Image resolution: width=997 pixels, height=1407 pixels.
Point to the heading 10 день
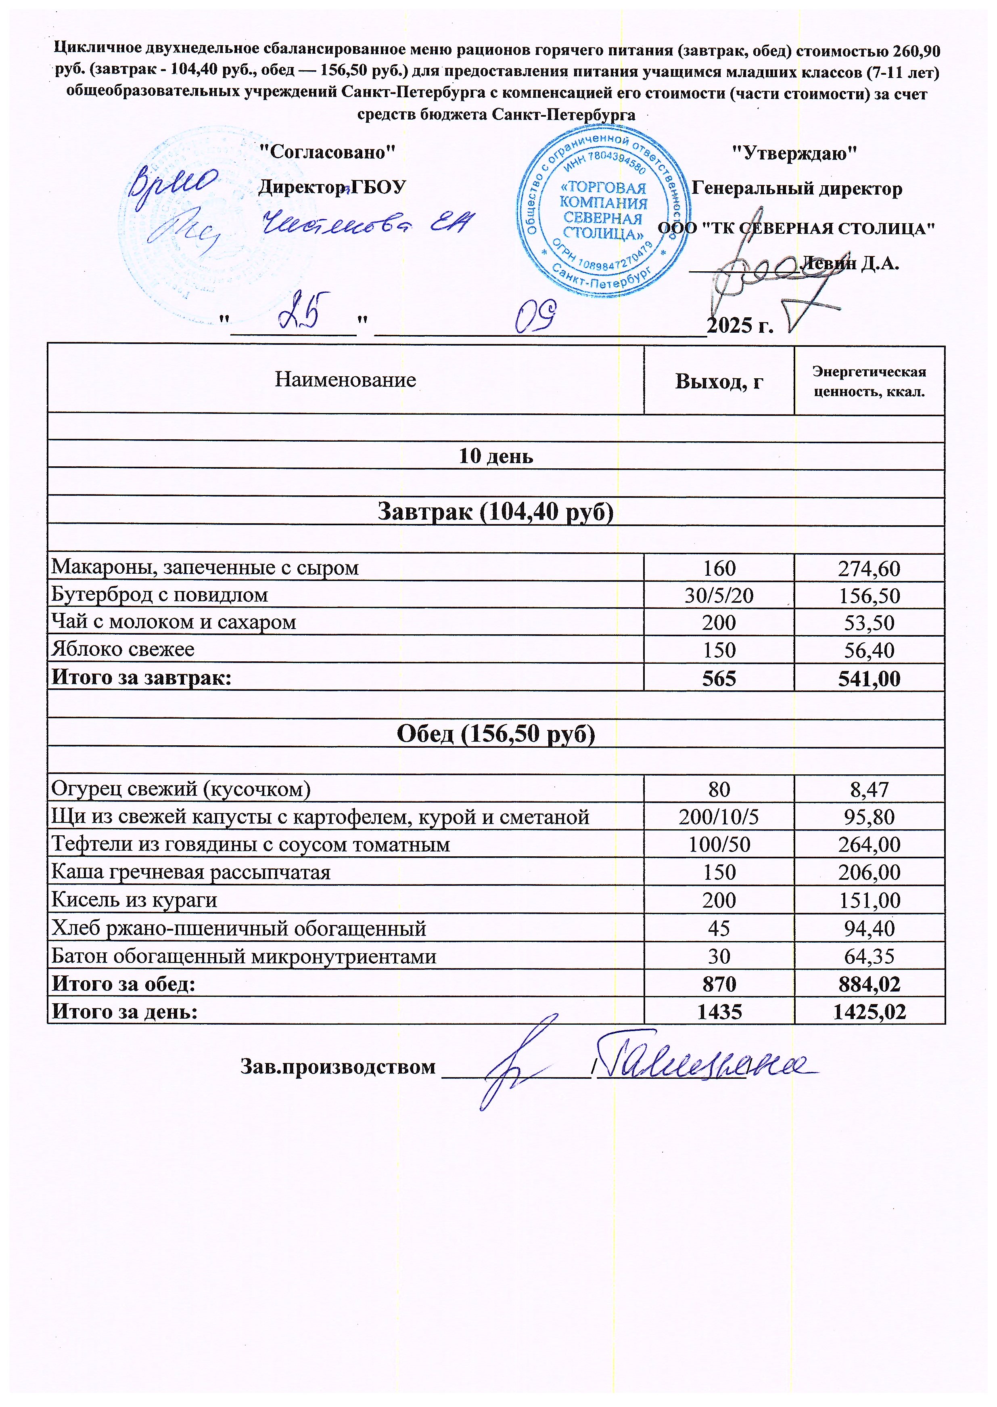click(496, 456)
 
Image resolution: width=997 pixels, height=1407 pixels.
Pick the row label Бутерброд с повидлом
click(160, 594)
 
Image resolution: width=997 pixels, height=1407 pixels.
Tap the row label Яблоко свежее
click(123, 649)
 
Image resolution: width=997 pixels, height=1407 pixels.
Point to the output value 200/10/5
click(719, 817)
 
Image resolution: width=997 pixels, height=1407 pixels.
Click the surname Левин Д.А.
click(853, 264)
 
